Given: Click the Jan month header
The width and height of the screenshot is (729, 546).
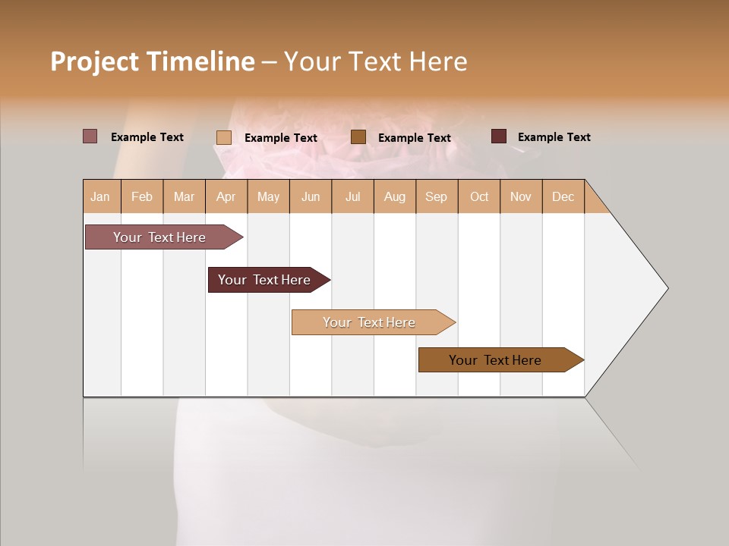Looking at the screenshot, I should pyautogui.click(x=101, y=196).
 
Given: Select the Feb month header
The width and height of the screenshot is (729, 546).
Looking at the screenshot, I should pyautogui.click(x=142, y=196).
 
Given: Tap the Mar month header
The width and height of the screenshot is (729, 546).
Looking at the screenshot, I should pyautogui.click(x=184, y=196).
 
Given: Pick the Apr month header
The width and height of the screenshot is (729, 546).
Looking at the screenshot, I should pyautogui.click(x=226, y=196).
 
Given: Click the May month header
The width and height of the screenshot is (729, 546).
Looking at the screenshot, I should pyautogui.click(x=268, y=196).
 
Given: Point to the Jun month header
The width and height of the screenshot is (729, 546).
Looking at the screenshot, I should pyautogui.click(x=311, y=196).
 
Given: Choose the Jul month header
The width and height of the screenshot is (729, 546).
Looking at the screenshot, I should pyautogui.click(x=352, y=196).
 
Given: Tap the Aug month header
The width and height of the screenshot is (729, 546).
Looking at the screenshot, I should pyautogui.click(x=394, y=196).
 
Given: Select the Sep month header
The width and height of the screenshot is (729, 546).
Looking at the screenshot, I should pyautogui.click(x=436, y=196).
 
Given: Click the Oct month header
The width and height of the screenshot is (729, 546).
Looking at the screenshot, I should pyautogui.click(x=479, y=196).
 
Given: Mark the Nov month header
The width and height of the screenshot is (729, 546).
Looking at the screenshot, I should pyautogui.click(x=521, y=196).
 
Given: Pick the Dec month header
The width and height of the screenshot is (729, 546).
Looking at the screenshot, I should pyautogui.click(x=563, y=196).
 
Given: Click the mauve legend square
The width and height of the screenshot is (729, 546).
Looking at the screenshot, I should pyautogui.click(x=90, y=136).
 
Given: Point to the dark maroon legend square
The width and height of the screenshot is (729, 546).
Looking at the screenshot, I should pyautogui.click(x=498, y=136).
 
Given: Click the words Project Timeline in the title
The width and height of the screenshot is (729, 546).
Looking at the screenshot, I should pyautogui.click(x=152, y=61).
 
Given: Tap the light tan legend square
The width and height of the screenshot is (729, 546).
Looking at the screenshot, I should pyautogui.click(x=223, y=137).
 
